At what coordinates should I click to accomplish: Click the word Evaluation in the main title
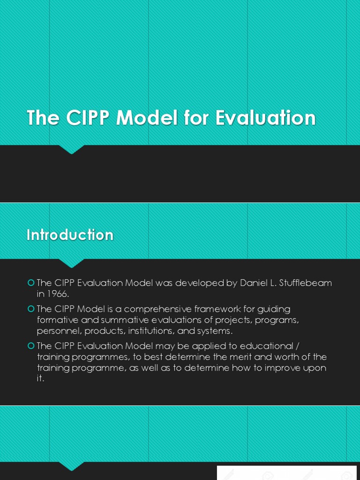[265, 118]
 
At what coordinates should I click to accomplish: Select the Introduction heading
[70, 235]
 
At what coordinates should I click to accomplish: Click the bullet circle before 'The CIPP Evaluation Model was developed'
[31, 283]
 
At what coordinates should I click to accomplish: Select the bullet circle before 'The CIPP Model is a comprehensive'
[31, 309]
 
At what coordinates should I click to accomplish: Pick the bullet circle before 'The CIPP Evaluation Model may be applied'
[31, 346]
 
